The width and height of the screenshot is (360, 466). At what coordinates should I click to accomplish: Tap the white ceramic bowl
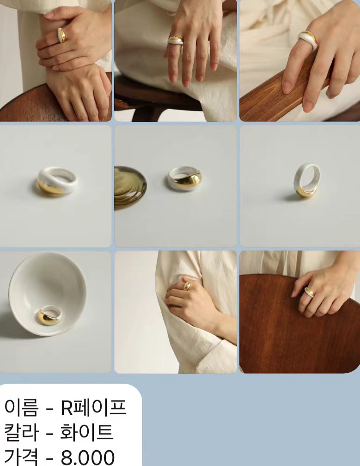tap(48, 294)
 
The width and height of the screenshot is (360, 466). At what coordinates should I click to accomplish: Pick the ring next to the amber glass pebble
tap(184, 179)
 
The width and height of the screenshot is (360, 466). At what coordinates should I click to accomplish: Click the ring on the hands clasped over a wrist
tap(61, 35)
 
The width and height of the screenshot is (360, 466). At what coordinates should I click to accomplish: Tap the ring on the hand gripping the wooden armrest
tap(308, 40)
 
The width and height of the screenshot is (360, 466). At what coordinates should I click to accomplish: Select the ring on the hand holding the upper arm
tap(187, 285)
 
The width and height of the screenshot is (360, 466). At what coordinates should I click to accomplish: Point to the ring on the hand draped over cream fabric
tap(176, 41)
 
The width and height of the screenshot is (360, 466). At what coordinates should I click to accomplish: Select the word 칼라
tap(21, 432)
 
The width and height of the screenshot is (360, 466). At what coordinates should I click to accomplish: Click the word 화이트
tap(87, 432)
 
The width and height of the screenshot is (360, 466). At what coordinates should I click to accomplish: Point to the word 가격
tap(21, 457)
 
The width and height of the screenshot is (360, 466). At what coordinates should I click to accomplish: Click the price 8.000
tap(88, 458)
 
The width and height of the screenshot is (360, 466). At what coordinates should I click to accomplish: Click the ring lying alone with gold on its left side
tap(56, 182)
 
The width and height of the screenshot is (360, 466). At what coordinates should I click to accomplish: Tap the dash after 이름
tap(49, 409)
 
